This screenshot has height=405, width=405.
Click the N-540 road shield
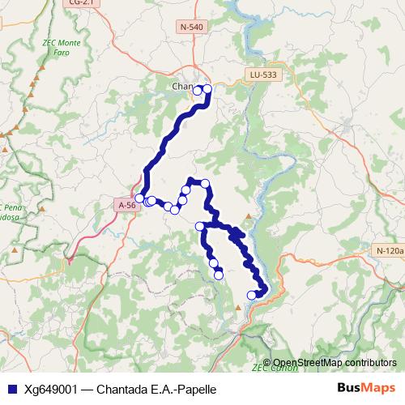192,27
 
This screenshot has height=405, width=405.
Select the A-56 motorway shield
126,206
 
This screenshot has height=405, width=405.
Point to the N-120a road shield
390,251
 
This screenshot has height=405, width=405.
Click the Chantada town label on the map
182,87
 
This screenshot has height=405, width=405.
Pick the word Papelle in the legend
197,389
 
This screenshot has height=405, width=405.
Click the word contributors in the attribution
369,363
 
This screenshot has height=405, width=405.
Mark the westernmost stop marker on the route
139,198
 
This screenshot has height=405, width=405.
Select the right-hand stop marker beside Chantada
207,89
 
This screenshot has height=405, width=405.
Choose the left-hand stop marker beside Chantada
197,92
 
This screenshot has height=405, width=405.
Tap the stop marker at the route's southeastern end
251,295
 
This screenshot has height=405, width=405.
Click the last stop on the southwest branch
218,275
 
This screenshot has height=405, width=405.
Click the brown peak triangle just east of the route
249,217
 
